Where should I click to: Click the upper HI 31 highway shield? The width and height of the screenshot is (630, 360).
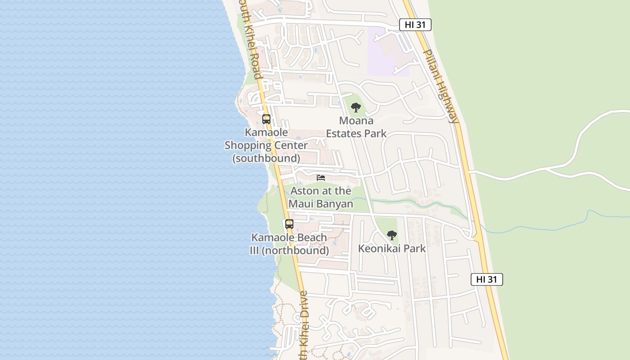415,25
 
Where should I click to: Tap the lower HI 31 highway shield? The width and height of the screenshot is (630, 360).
486,279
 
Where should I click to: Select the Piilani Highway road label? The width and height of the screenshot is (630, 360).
441,86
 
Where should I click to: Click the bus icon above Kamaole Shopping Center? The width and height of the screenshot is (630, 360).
266,119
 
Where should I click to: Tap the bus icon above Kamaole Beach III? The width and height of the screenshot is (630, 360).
289,224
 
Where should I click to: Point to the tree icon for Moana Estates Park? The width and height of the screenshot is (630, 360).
356,108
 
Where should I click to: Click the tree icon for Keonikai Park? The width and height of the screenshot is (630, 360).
392,235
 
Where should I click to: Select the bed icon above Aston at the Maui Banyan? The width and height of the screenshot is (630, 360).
321,178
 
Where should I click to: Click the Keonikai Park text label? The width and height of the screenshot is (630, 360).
392,248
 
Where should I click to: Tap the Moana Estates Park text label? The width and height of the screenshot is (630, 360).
356,127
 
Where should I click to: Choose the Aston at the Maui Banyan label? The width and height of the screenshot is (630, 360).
321,197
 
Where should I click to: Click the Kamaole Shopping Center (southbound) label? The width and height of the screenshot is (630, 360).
266,145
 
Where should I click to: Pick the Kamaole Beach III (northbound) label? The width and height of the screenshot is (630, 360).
289,244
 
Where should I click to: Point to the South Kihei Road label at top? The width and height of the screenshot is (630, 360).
251,40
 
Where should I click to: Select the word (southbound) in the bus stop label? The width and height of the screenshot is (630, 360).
266,158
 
